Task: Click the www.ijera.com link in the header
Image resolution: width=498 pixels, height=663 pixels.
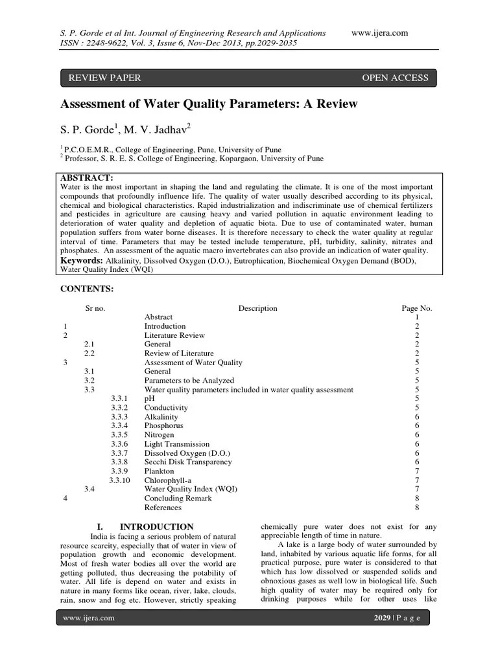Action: tap(379, 33)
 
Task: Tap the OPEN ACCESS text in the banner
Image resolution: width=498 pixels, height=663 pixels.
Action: tap(395, 78)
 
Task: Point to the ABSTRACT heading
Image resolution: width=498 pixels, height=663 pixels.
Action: tap(87, 177)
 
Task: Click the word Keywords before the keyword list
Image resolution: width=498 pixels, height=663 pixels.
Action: tap(82, 260)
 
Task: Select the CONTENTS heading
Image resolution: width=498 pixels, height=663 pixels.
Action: tap(87, 288)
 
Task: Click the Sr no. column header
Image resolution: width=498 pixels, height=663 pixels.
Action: tap(95, 309)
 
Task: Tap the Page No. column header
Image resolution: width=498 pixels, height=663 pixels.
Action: tap(416, 309)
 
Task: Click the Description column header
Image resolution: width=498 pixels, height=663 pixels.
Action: tap(257, 309)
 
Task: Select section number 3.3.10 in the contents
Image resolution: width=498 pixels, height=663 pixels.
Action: tap(119, 480)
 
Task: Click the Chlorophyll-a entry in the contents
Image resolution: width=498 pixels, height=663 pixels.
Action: tap(169, 480)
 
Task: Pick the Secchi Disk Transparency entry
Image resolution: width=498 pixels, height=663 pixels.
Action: tap(187, 462)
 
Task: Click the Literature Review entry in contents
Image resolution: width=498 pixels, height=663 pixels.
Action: tap(174, 335)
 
